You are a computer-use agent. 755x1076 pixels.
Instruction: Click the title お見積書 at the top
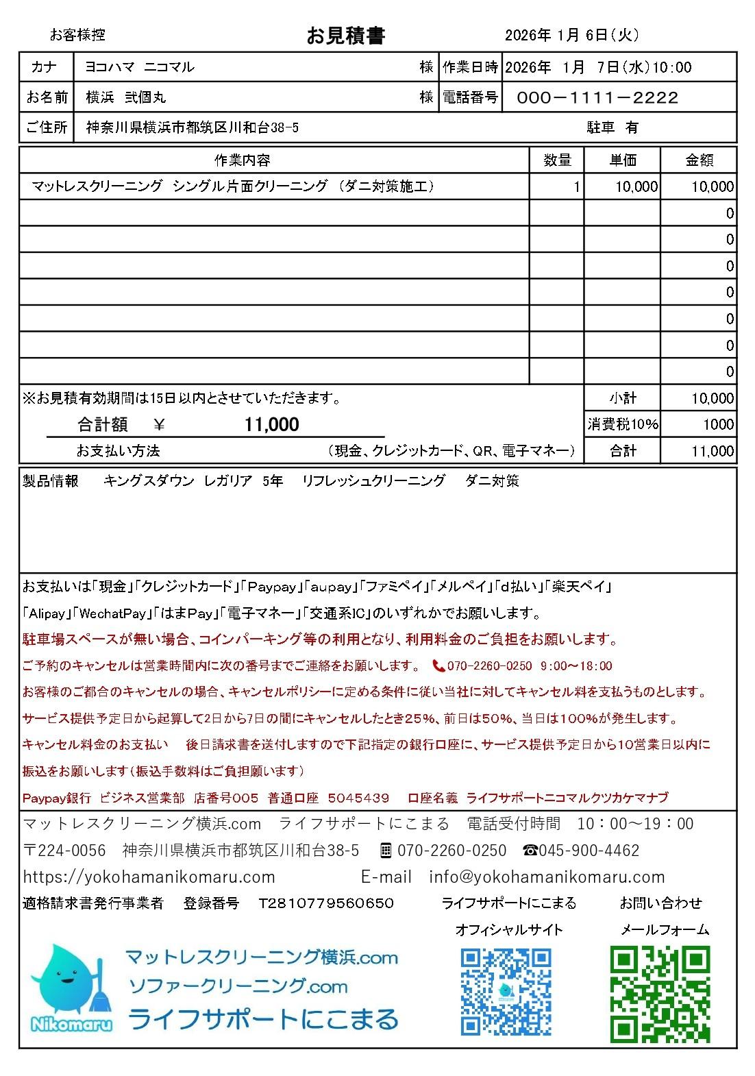coord(345,36)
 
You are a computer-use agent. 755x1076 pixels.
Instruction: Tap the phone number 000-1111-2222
coord(597,98)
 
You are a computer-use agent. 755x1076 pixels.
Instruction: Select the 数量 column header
coord(557,160)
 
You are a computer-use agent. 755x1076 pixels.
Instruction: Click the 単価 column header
coord(622,160)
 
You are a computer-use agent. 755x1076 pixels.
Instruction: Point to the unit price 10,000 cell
coord(636,186)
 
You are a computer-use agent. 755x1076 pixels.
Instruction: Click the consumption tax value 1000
coord(718,424)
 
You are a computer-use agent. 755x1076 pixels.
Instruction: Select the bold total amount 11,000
coord(272,425)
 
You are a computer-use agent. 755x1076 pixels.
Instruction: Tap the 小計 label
coord(622,398)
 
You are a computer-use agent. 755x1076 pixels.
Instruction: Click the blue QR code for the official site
coord(506,991)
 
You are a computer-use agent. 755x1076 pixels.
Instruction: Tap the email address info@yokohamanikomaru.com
coord(547,877)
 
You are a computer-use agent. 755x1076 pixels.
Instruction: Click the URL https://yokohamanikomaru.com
coord(149,877)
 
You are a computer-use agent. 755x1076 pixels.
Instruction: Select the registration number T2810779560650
coord(326,903)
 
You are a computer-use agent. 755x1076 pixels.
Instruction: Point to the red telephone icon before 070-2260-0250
coord(438,665)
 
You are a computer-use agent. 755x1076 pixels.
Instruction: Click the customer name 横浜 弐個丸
coord(126,98)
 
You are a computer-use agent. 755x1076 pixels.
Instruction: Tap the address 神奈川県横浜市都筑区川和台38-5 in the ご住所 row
coord(192,128)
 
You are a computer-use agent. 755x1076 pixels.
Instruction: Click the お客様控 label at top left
coord(77,35)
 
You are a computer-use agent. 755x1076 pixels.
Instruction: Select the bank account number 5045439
coord(358,798)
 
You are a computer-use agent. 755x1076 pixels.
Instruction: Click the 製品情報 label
coord(51,481)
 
